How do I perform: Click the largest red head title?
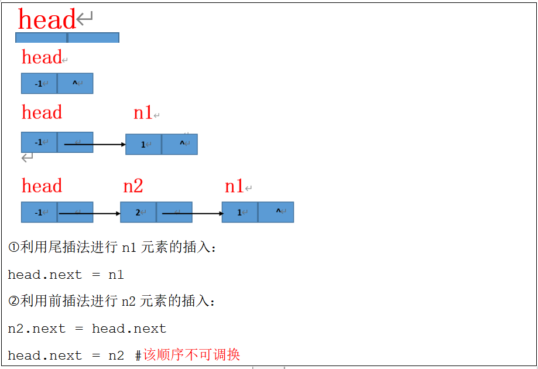[x=47, y=19]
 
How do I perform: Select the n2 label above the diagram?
[x=133, y=186]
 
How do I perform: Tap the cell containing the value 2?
[x=138, y=212]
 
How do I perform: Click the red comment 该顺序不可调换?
[x=191, y=355]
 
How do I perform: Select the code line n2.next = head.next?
[x=87, y=329]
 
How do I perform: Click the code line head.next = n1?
[x=66, y=275]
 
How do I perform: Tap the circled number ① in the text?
[x=13, y=248]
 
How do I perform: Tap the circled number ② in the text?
[x=13, y=302]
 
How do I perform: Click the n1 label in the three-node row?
[x=234, y=186]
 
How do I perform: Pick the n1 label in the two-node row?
[x=143, y=112]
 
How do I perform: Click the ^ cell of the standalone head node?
[x=75, y=83]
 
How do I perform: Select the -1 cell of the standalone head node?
[x=39, y=83]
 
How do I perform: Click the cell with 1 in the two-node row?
[x=143, y=144]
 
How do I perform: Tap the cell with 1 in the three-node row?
[x=239, y=212]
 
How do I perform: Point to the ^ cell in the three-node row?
[x=276, y=211]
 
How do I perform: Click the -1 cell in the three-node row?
[x=39, y=212]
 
